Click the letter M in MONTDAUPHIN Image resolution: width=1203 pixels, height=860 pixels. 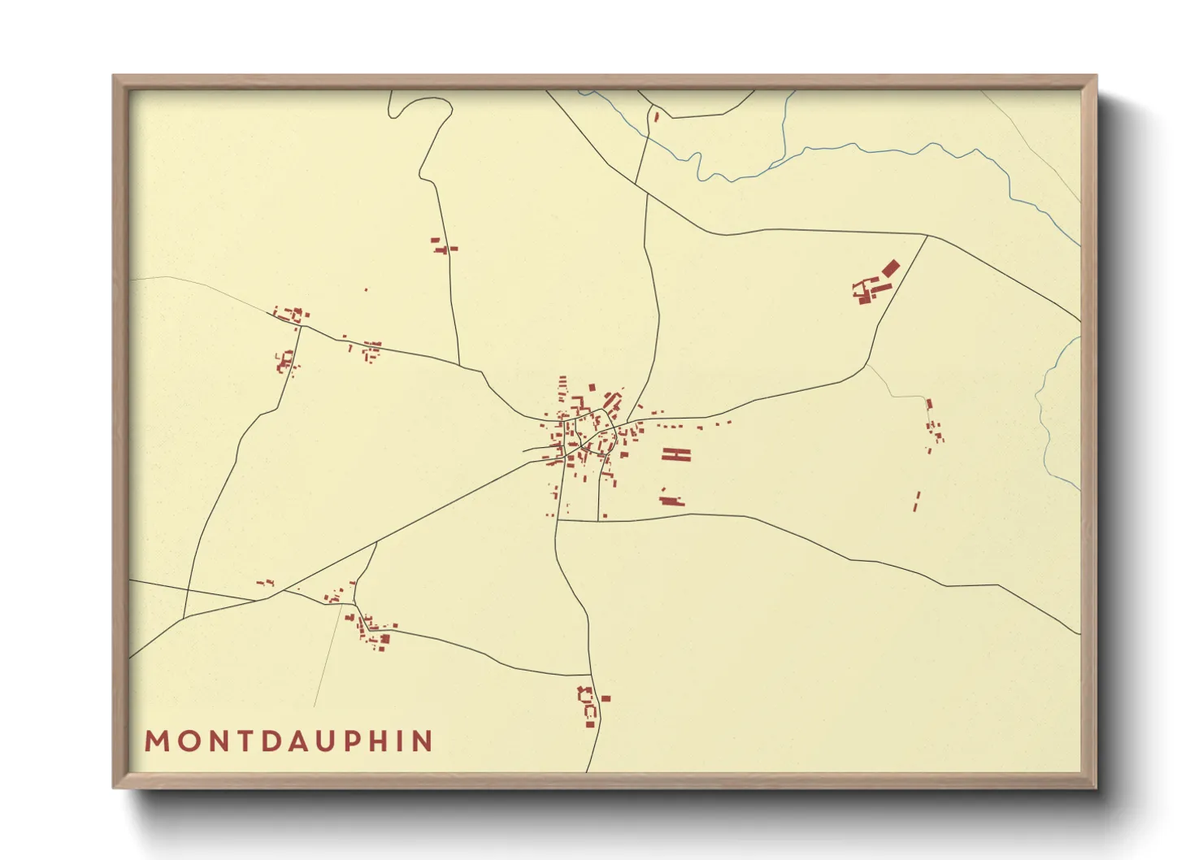pyautogui.click(x=156, y=741)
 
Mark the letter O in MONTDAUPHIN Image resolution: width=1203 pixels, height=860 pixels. pyautogui.click(x=187, y=741)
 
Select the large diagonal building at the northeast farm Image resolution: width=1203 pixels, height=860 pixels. pyautogui.click(x=891, y=267)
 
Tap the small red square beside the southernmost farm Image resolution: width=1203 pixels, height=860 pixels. pyautogui.click(x=606, y=698)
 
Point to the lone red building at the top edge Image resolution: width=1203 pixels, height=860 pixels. pyautogui.click(x=656, y=117)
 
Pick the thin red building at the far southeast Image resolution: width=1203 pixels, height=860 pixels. pyautogui.click(x=917, y=501)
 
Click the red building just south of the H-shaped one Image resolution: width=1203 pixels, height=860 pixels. pyautogui.click(x=671, y=500)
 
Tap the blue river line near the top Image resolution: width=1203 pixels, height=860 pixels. pyautogui.click(x=853, y=146)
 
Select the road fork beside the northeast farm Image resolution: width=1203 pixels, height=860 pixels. pyautogui.click(x=927, y=237)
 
